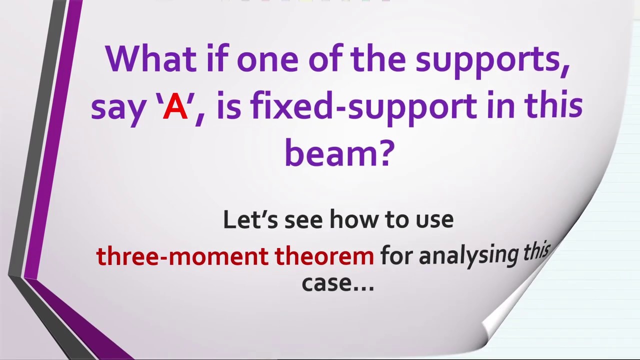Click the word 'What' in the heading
(x=150, y=59)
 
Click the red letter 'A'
(x=175, y=107)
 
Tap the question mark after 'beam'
(x=387, y=153)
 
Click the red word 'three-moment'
(x=182, y=256)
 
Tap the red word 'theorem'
(x=324, y=256)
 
